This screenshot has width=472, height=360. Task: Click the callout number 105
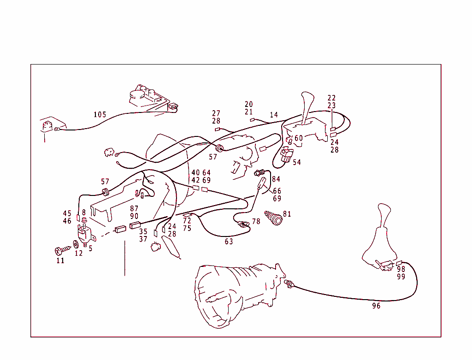[100, 115]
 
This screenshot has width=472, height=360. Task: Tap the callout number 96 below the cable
[376, 306]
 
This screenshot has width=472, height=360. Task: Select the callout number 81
[287, 214]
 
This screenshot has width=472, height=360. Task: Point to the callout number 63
[229, 241]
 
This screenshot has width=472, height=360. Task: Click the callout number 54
[296, 162]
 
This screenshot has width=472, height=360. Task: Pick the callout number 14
[274, 115]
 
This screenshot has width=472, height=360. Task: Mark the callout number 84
[276, 179]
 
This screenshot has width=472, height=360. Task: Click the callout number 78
[256, 222]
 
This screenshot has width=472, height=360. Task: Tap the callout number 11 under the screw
[60, 260]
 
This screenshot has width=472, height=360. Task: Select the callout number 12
[78, 253]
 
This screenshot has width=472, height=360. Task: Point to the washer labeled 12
[76, 244]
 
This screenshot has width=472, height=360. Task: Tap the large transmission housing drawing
[235, 295]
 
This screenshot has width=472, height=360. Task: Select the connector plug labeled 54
[286, 155]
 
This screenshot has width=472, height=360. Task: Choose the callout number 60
[299, 138]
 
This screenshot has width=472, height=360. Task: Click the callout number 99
[401, 277]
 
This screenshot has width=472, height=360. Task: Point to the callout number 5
[90, 248]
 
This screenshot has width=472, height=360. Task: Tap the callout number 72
[187, 221]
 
